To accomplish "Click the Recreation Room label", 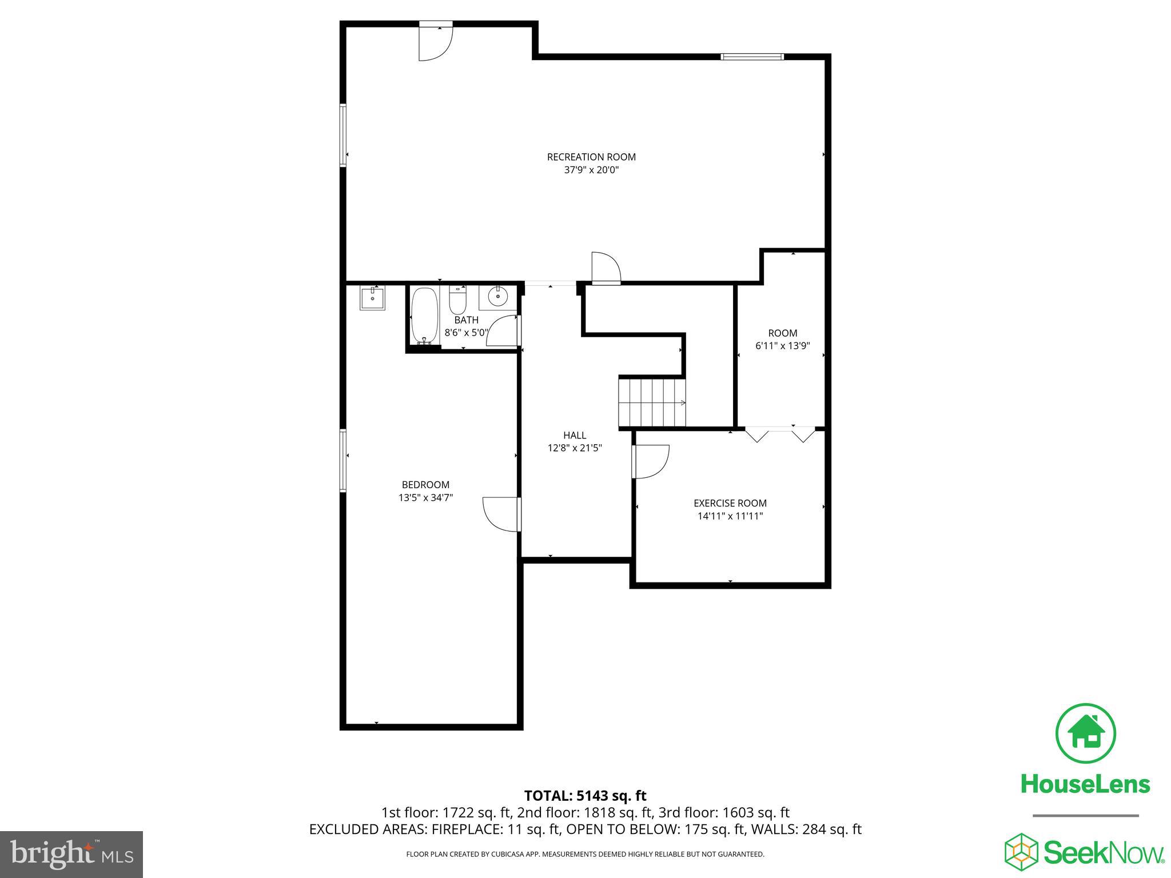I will click(591, 157).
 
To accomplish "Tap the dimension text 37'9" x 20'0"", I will click(591, 170).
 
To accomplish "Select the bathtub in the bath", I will click(424, 316).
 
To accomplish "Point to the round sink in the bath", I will click(499, 296).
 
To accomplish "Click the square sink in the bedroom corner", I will click(372, 298).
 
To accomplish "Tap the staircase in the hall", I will click(652, 402).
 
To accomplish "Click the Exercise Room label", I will click(730, 503).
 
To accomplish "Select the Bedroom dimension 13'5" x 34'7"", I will click(425, 498).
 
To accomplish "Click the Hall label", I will click(575, 436).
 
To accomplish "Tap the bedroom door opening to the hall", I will click(501, 514).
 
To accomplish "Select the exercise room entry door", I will click(651, 462).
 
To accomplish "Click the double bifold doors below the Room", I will click(780, 434).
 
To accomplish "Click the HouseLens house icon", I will click(1085, 733).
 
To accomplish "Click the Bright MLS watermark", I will click(71, 854).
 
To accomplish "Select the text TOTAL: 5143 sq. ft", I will click(585, 796).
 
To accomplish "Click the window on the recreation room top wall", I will click(752, 56).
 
